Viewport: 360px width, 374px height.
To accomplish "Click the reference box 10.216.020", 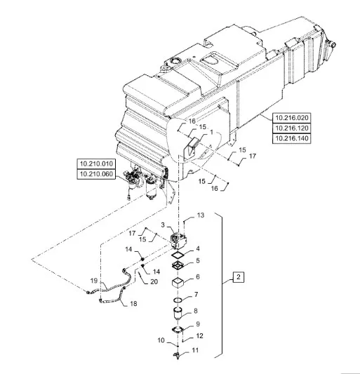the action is [x=292, y=118].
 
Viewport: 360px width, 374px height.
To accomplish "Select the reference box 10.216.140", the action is [x=292, y=138].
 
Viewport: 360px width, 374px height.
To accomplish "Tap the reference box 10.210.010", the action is [x=96, y=164].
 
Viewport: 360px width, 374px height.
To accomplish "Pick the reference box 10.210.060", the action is [x=96, y=174].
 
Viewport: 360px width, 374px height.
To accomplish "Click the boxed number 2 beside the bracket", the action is [x=239, y=277].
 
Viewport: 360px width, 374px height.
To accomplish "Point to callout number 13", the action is [x=201, y=215].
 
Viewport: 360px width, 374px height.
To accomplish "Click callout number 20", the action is [x=154, y=281].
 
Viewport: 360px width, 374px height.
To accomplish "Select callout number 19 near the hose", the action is [x=94, y=281].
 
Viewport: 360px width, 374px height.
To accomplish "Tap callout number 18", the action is [x=133, y=303].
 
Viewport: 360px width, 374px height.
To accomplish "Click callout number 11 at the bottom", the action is [x=195, y=350].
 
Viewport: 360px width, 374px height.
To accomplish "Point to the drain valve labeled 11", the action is [x=178, y=354].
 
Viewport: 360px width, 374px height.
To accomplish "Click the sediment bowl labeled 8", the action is [x=178, y=314].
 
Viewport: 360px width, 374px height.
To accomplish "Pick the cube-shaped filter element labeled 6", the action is [x=178, y=283].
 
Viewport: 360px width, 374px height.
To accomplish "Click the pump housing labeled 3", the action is [x=178, y=239].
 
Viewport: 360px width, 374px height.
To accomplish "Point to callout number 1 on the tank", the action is [x=211, y=132].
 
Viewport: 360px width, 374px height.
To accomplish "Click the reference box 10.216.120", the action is [x=292, y=128].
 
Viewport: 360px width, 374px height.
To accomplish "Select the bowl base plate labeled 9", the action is [x=178, y=329].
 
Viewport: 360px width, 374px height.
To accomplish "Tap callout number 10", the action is [x=161, y=340].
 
